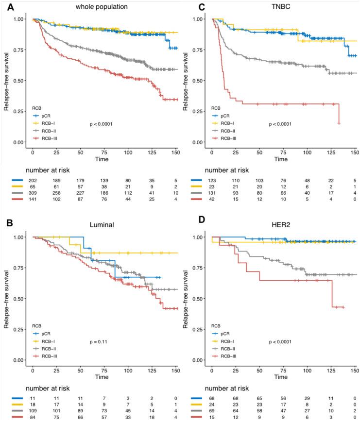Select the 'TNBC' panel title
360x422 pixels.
coord(284,7)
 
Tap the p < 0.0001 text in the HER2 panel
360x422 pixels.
coord(280,342)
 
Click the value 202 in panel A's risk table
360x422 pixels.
coord(32,181)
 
